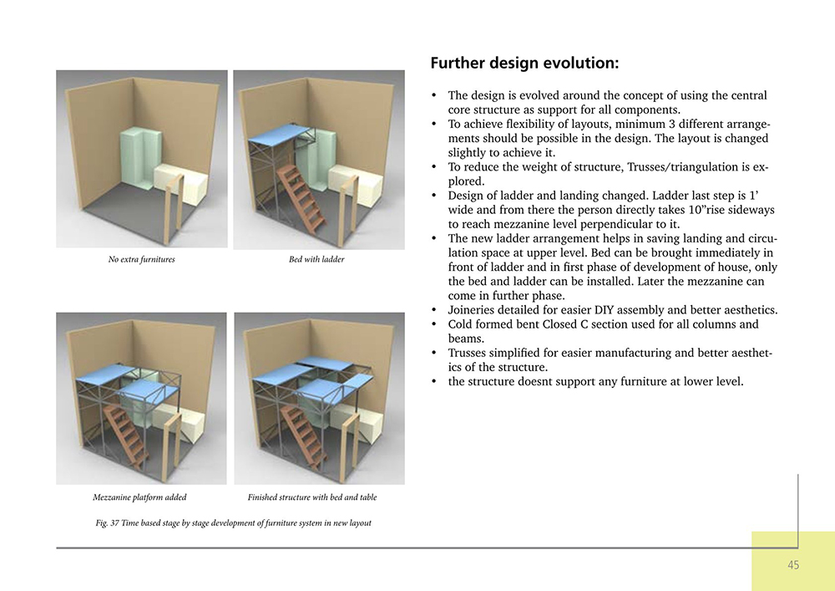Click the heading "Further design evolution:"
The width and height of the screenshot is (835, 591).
click(524, 64)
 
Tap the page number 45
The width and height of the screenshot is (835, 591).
click(793, 565)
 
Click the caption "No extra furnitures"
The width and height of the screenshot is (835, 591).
click(142, 259)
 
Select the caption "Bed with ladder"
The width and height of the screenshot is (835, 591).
click(316, 259)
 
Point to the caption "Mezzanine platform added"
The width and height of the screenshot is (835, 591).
click(139, 497)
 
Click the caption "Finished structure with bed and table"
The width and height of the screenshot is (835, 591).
click(312, 497)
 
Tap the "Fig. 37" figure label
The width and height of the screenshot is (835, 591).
click(107, 522)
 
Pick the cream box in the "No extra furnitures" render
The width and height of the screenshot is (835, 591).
click(180, 184)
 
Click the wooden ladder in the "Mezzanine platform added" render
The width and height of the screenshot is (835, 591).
click(127, 435)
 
